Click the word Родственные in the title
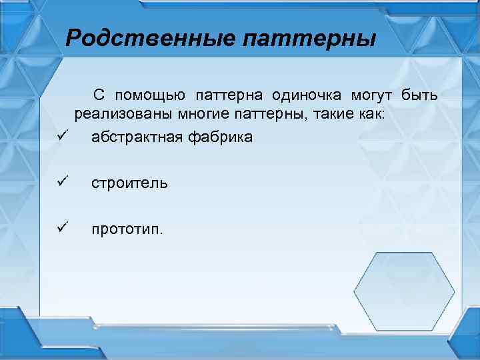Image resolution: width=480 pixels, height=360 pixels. [151, 38]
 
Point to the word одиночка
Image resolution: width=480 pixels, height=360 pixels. [306, 95]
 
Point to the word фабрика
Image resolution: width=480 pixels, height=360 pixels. [213, 137]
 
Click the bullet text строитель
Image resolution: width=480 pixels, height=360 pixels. [130, 183]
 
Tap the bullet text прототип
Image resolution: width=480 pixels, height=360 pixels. [127, 229]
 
